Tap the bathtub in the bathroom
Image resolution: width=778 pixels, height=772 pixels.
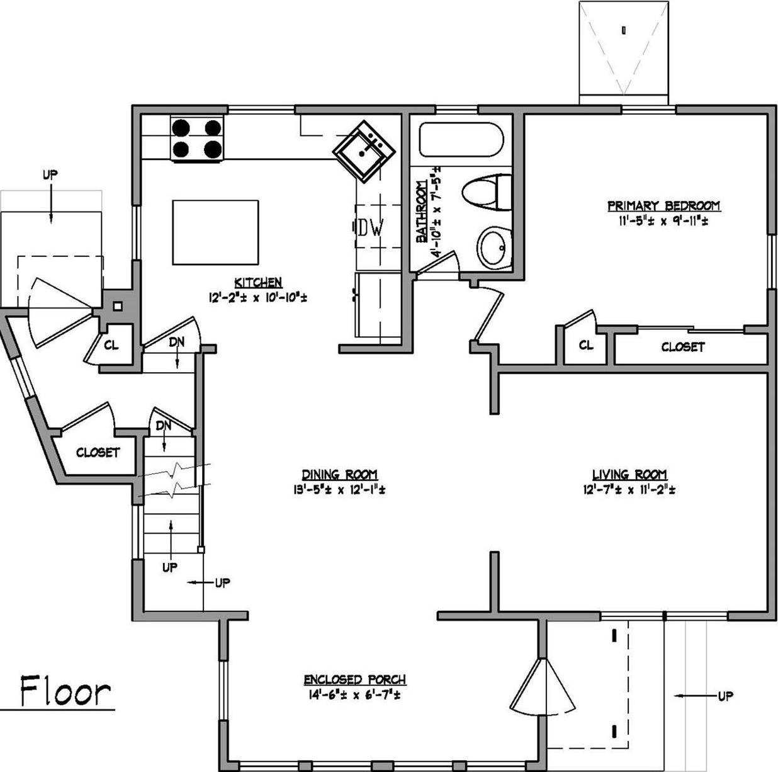click(461, 140)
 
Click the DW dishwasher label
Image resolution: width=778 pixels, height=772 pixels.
click(371, 228)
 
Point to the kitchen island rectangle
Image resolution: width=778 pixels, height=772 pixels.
click(215, 232)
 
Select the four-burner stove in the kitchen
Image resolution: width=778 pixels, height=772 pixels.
click(197, 139)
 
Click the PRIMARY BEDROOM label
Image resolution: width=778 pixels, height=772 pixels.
click(663, 206)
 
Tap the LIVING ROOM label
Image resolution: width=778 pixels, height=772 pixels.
click(629, 475)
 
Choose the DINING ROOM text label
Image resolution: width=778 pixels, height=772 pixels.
click(339, 475)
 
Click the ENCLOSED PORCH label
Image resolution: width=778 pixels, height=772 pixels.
click(354, 680)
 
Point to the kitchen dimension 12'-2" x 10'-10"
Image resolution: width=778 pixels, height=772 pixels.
click(258, 297)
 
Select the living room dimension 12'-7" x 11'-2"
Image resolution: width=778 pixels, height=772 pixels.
click(629, 490)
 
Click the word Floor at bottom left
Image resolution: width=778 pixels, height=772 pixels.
click(65, 691)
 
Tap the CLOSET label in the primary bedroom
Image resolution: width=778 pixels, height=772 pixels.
click(683, 347)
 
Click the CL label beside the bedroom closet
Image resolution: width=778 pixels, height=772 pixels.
click(585, 346)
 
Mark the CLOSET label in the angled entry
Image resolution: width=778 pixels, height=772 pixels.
click(98, 452)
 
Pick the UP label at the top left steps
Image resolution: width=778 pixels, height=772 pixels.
click(50, 175)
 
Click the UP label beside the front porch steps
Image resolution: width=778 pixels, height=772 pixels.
click(725, 696)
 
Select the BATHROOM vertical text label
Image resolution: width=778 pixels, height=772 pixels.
click(421, 211)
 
